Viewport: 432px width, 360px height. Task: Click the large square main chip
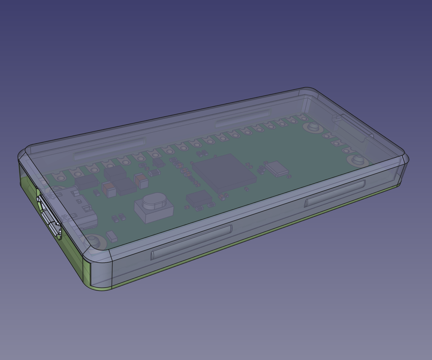pos(224,173)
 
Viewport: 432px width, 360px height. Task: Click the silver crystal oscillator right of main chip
pos(277,168)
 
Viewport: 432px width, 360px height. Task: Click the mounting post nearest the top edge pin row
pos(313,126)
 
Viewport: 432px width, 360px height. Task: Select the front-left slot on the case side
pos(191,242)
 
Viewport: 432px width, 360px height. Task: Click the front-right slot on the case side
pos(335,193)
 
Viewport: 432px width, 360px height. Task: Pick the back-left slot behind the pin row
pos(110,148)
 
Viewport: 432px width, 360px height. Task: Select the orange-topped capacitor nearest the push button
pos(141,181)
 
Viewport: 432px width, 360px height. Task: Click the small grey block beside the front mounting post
pos(111,236)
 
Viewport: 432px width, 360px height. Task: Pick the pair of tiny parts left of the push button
pos(119,218)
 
